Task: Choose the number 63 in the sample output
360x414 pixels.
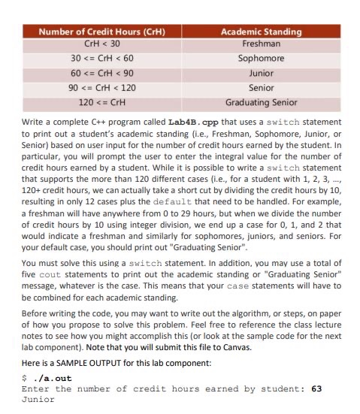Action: point(316,389)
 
